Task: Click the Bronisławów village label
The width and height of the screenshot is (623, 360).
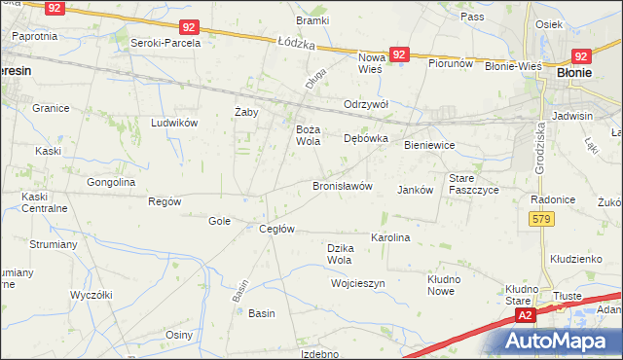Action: tap(343, 186)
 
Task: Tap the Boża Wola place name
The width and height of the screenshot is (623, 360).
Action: tap(308, 135)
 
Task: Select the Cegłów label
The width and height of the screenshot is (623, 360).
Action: tap(276, 229)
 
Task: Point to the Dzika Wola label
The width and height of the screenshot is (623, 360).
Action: tap(340, 254)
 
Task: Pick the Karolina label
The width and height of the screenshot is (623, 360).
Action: tap(390, 237)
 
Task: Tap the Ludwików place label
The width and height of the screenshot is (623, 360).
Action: tap(174, 123)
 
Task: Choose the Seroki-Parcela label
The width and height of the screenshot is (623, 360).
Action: tap(167, 43)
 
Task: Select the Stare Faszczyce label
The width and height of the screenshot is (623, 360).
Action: tap(473, 184)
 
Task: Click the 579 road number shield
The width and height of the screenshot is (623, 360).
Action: tap(543, 221)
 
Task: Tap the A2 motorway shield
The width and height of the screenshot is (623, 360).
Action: tap(526, 315)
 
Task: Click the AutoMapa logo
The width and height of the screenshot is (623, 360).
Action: tap(556, 342)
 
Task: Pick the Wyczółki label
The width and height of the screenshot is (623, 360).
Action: tap(92, 294)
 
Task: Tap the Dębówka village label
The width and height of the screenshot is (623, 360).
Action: tap(366, 138)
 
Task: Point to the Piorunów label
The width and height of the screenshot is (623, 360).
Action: tap(451, 63)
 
